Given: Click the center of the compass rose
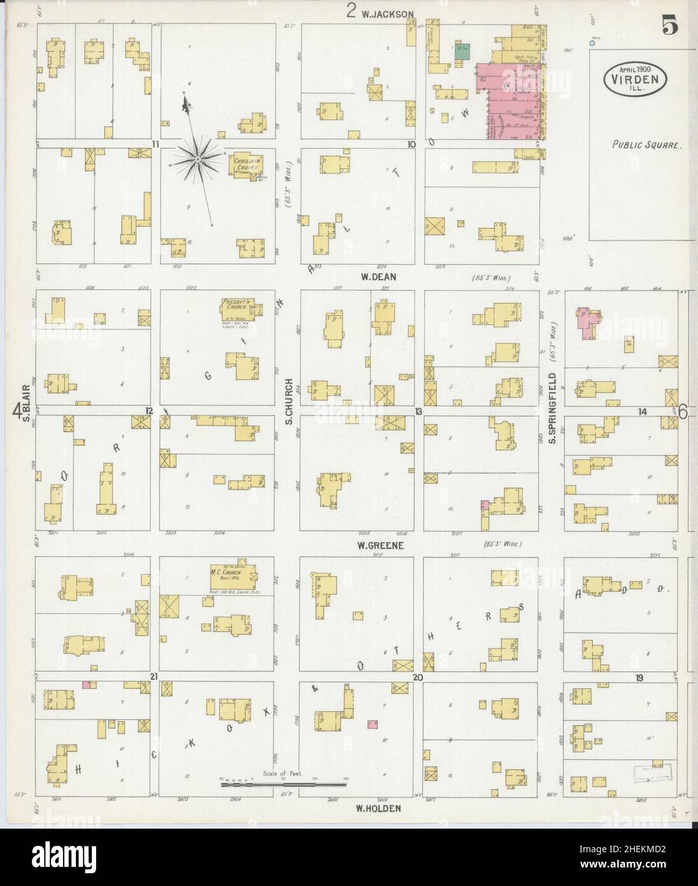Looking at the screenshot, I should [x=199, y=156].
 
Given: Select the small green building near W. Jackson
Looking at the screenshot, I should [x=462, y=52].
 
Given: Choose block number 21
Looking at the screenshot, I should [x=153, y=676].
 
